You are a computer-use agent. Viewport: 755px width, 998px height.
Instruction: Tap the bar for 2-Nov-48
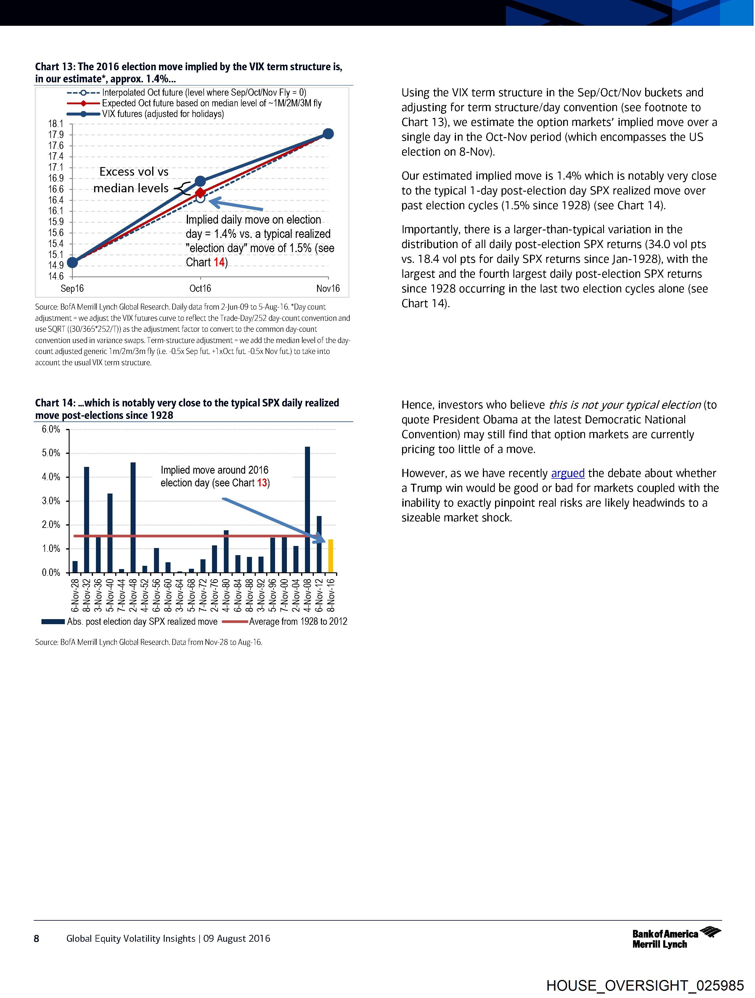click(133, 518)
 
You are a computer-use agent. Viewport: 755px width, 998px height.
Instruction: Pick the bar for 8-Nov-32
click(86, 520)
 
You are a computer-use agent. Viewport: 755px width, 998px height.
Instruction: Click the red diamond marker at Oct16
click(200, 193)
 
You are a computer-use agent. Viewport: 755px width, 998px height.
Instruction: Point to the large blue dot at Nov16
click(328, 134)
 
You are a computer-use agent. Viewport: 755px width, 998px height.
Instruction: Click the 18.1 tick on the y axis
click(56, 124)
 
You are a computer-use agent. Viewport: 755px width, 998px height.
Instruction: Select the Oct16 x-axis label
click(200, 288)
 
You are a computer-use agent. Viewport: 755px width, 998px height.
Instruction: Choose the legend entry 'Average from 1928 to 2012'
click(298, 621)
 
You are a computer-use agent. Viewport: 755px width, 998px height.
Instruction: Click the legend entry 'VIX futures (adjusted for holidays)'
click(162, 114)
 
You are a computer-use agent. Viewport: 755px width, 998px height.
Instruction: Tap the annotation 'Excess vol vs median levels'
click(132, 180)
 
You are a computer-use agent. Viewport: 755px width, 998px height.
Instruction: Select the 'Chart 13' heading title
click(189, 73)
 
